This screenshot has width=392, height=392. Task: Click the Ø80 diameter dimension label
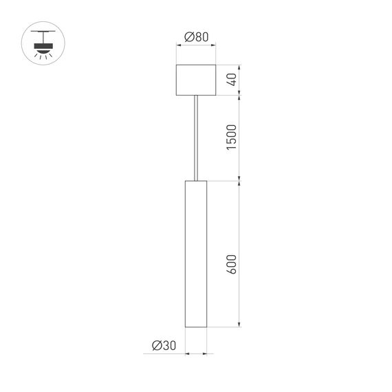(197, 37)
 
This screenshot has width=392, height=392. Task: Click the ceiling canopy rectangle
(197, 80)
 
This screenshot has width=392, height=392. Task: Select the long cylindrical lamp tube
(196, 254)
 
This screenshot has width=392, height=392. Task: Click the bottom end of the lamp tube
(196, 327)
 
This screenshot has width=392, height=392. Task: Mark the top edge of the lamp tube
(196, 182)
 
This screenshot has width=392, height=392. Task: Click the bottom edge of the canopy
(197, 96)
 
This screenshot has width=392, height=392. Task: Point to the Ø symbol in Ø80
(188, 37)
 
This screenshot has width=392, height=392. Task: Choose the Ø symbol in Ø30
(155, 345)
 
